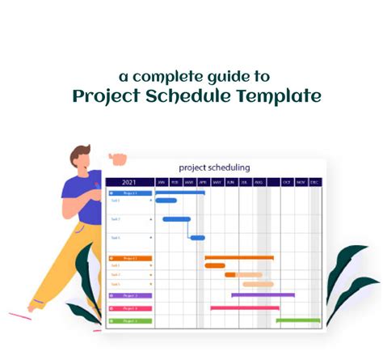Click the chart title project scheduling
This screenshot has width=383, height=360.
pyautogui.click(x=214, y=167)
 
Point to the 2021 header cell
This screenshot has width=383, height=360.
pyautogui.click(x=129, y=182)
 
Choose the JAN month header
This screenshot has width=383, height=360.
pyautogui.click(x=162, y=182)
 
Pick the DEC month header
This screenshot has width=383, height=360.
pyautogui.click(x=314, y=182)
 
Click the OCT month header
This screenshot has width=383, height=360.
pyautogui.click(x=286, y=182)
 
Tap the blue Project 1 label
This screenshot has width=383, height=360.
pyautogui.click(x=129, y=193)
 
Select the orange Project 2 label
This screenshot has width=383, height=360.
pyautogui.click(x=129, y=258)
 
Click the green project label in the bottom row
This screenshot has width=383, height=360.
pyautogui.click(x=129, y=321)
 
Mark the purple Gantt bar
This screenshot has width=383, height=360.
pyautogui.click(x=263, y=295)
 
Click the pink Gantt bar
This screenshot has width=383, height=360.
pyautogui.click(x=244, y=307)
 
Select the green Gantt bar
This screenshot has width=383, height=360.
pyautogui.click(x=297, y=320)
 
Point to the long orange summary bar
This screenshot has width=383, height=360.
pyautogui.click(x=238, y=257)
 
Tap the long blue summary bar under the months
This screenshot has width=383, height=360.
pyautogui.click(x=179, y=193)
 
